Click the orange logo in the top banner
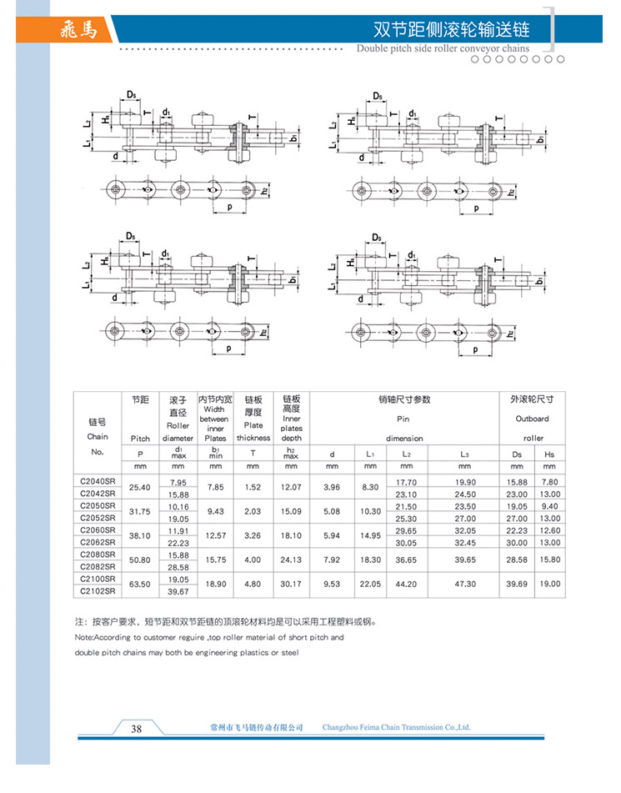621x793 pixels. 79,30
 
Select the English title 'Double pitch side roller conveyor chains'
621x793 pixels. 443,48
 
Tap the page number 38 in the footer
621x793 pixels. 138,728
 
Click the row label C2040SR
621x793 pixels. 97,481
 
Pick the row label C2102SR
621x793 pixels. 97,590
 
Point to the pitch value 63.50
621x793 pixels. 140,585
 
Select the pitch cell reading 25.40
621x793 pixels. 140,487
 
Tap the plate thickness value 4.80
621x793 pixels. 253,585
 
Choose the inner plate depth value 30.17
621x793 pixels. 291,585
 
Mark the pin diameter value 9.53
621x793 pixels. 332,585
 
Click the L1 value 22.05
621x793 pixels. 371,585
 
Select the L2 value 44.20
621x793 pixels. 406,585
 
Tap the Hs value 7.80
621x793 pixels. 549,481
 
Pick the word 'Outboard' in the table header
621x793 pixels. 532,419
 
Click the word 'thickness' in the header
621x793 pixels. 253,438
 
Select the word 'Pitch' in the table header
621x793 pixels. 140,438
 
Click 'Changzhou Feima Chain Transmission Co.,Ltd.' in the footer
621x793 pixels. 396,728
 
